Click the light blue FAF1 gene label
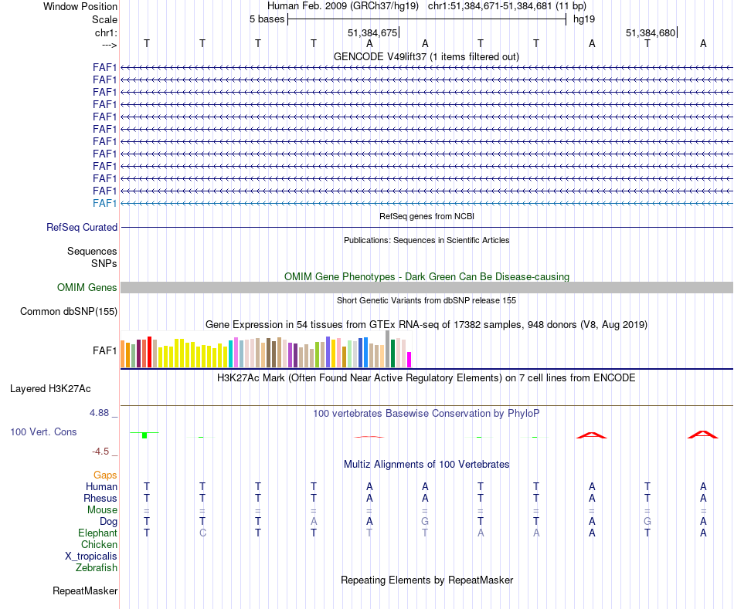105,203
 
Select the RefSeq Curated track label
82,228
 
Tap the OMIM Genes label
87,288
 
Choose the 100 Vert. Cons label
43,432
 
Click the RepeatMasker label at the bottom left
85,591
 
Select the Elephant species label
97,533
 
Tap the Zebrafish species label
97,568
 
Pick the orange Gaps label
105,475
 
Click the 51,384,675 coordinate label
372,33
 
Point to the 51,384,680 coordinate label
651,33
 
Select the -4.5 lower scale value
102,452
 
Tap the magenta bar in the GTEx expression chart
409,360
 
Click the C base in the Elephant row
202,533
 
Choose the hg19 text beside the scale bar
583,19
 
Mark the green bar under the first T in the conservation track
144,435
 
